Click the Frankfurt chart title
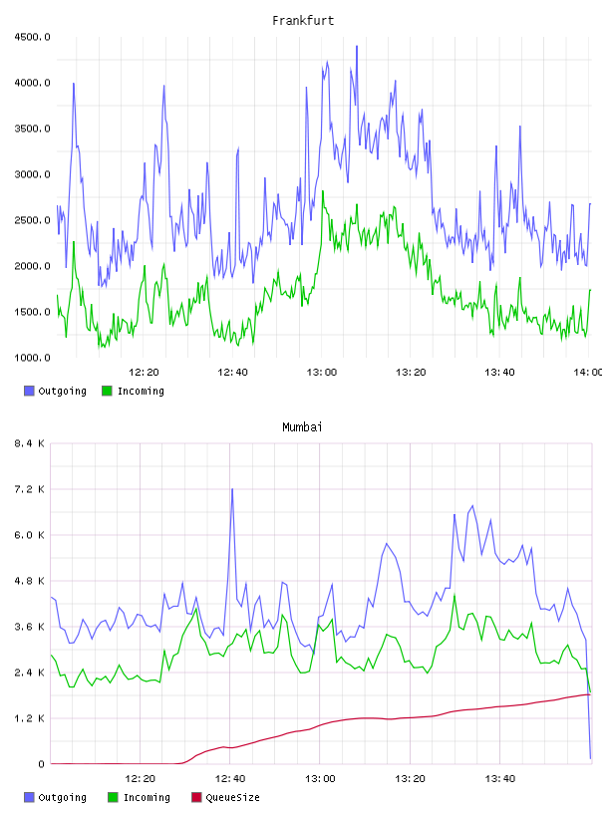point(303,21)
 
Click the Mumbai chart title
point(302,427)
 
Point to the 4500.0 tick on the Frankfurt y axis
point(32,37)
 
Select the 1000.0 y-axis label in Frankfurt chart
point(32,358)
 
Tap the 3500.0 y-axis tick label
point(32,129)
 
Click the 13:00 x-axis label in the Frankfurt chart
point(322,373)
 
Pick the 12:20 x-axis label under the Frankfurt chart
point(144,373)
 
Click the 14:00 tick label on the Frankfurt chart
point(588,373)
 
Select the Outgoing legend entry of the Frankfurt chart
point(55,391)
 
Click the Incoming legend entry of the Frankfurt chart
point(133,391)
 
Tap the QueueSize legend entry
point(225,797)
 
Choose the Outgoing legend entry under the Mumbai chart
point(55,797)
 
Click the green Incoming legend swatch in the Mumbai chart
point(113,797)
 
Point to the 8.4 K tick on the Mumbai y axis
point(30,443)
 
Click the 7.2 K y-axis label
point(30,489)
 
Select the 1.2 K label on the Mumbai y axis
point(30,718)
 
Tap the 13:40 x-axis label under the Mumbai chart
point(499,779)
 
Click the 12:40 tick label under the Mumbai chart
point(230,779)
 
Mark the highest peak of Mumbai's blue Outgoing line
point(232,489)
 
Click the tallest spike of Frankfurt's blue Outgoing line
point(357,46)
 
